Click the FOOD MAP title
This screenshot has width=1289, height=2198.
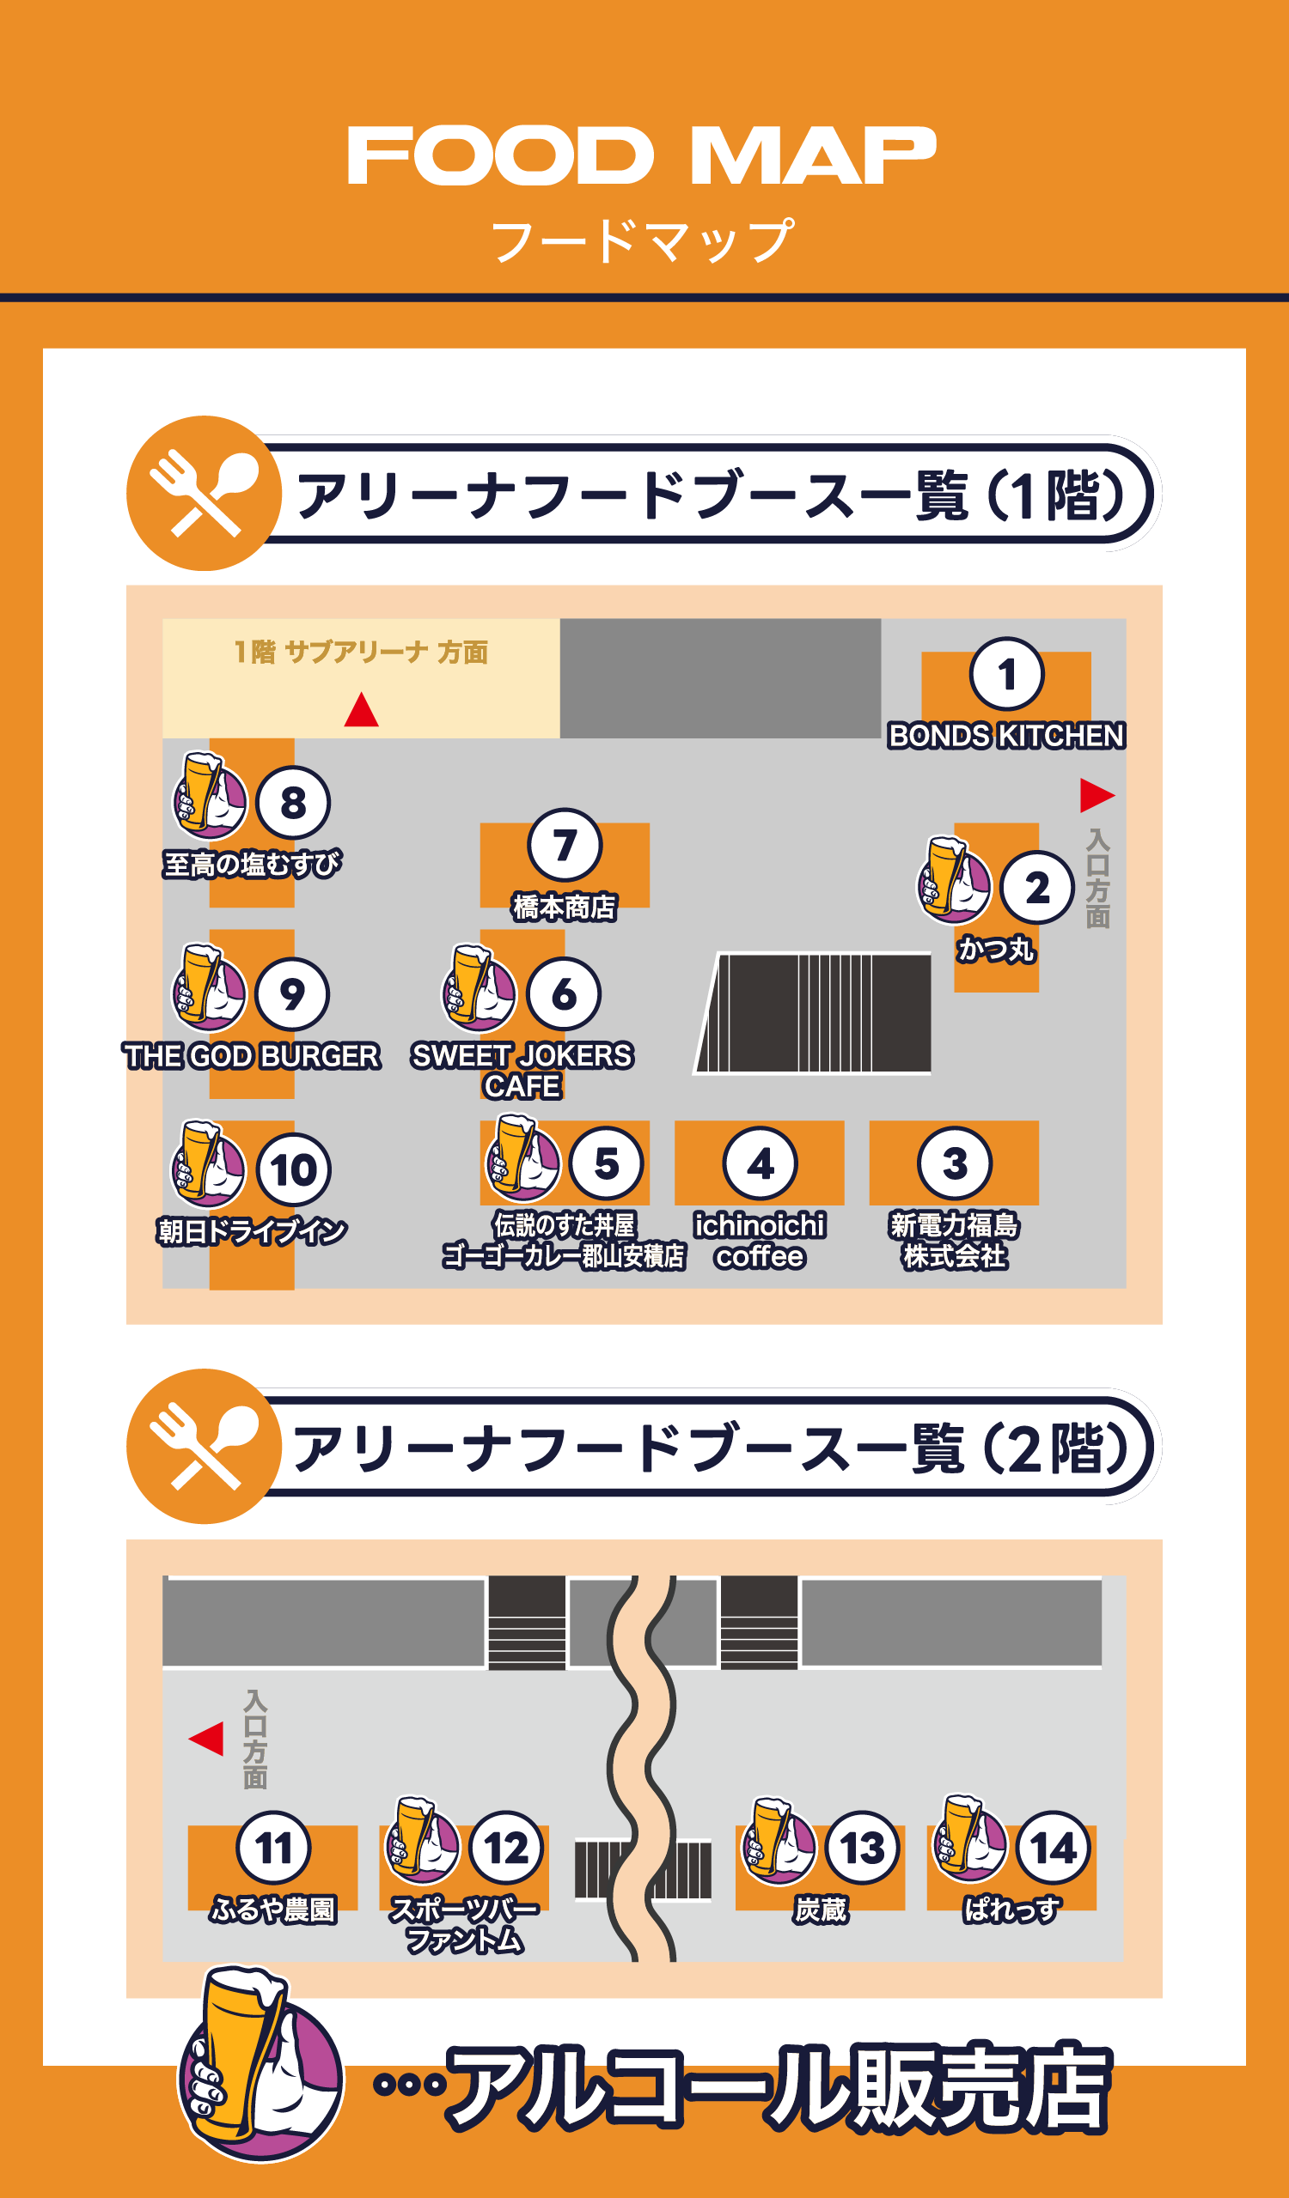point(642,155)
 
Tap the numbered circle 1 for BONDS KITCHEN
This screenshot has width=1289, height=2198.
point(1006,674)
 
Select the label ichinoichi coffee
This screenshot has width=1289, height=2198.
point(760,1241)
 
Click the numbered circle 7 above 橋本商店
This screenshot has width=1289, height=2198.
point(565,845)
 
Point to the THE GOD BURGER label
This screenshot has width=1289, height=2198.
point(251,1056)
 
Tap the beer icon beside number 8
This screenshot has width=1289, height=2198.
point(210,795)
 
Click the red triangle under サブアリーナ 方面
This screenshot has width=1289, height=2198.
point(361,710)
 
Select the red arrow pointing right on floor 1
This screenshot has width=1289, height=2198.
point(1096,794)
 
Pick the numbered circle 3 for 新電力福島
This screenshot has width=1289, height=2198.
point(954,1163)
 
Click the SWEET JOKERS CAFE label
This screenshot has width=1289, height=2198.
point(522,1070)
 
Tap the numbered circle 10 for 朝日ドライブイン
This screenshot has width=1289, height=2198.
point(293,1169)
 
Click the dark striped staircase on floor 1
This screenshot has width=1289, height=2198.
point(815,1012)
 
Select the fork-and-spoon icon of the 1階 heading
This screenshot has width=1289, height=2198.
point(205,494)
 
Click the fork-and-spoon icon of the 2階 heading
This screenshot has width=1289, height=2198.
point(205,1447)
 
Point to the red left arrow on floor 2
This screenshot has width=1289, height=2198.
point(207,1739)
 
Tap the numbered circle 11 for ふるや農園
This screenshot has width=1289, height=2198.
point(273,1849)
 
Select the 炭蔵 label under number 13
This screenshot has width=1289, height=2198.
point(821,1910)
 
